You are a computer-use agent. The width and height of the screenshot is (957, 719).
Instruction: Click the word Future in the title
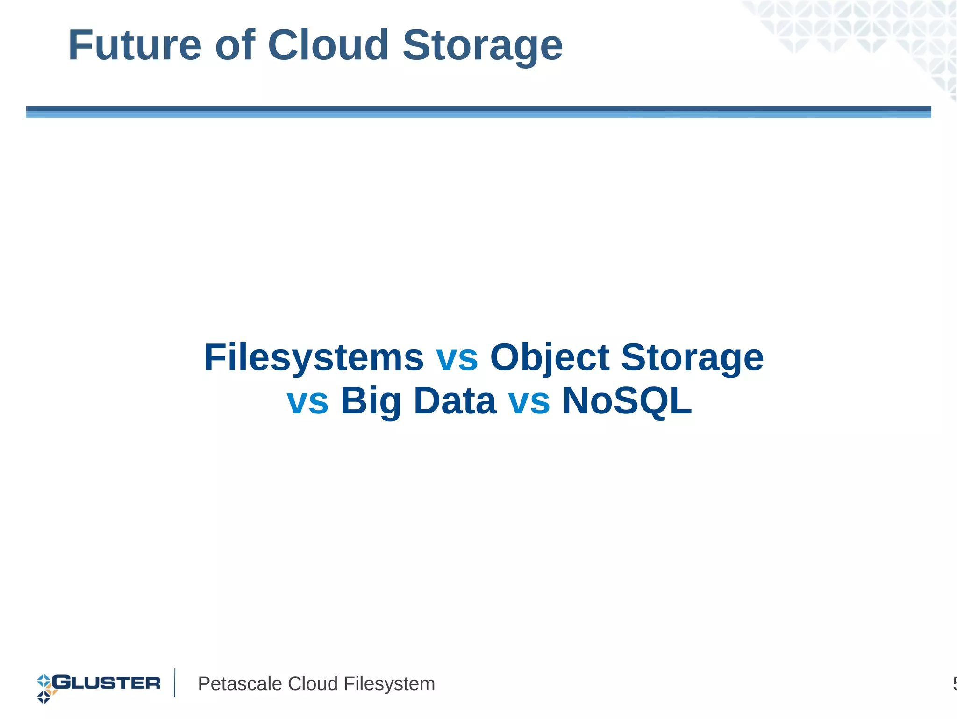click(x=135, y=45)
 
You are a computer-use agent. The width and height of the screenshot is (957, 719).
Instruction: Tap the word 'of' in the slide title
click(x=235, y=45)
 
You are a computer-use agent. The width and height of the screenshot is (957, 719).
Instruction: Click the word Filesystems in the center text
click(x=314, y=358)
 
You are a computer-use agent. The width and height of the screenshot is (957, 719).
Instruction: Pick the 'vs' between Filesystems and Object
click(x=457, y=359)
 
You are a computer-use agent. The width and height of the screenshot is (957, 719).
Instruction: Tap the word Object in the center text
click(x=549, y=359)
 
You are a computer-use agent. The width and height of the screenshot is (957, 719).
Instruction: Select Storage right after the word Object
click(x=692, y=359)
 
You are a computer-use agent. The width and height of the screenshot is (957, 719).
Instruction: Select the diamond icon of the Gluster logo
click(x=45, y=688)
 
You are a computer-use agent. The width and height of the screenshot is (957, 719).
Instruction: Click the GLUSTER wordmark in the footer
click(x=107, y=683)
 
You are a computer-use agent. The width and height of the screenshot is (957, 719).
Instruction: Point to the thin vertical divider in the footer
click(x=175, y=683)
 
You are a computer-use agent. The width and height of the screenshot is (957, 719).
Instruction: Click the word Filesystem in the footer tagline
click(x=389, y=684)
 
